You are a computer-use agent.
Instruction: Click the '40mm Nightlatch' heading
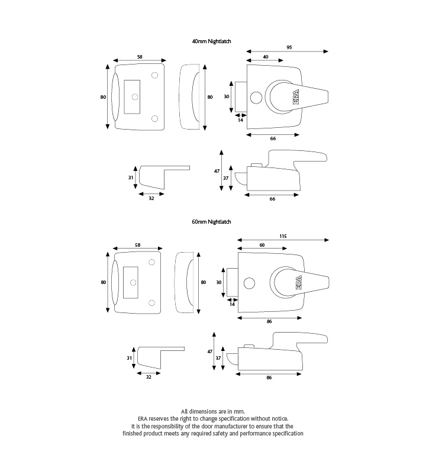[x=211, y=41]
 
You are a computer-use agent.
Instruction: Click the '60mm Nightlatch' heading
[x=211, y=221]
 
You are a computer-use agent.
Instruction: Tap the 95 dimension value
[x=289, y=47]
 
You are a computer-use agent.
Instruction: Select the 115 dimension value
[x=283, y=236]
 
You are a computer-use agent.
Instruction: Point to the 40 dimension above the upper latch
[x=264, y=57]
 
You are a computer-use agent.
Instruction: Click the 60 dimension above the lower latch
[x=262, y=245]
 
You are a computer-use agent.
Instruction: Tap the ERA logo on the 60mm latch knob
[x=298, y=283]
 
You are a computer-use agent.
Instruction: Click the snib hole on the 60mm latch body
[x=247, y=283]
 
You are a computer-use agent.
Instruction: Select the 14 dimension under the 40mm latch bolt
[x=241, y=120]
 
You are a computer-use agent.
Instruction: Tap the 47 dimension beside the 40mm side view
[x=217, y=170]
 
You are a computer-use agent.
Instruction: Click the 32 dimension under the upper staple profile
[x=151, y=198]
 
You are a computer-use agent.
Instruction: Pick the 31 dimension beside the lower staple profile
[x=129, y=358]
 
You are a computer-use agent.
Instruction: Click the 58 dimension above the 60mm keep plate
[x=137, y=245]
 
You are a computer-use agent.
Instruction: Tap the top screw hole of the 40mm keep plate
[x=155, y=76]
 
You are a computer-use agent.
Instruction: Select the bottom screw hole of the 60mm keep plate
[x=152, y=303]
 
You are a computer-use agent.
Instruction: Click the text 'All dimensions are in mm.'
[x=212, y=411]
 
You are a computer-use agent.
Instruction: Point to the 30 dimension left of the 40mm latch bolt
[x=226, y=96]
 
